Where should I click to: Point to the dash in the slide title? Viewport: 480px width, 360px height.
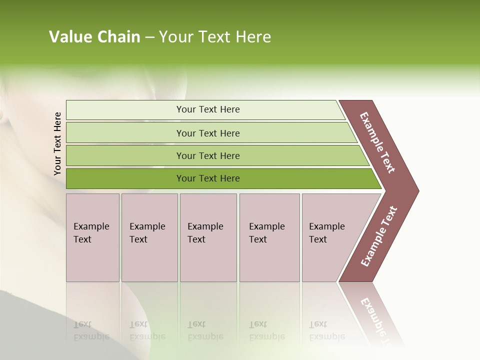(149, 37)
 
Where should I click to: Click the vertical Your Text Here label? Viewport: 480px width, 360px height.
(57, 143)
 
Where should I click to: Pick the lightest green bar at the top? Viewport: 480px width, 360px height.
(207, 109)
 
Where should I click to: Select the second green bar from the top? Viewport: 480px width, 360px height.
(207, 133)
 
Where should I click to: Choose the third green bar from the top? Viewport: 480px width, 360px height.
(207, 155)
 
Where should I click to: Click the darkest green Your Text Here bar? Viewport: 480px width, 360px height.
(207, 178)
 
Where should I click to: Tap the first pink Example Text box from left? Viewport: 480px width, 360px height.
(92, 237)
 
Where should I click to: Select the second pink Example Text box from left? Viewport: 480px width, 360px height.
(149, 237)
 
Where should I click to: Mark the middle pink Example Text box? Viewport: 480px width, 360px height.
(208, 237)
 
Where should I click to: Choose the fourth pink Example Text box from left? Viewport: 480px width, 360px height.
(269, 237)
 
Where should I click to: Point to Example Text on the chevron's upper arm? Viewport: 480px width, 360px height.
(378, 142)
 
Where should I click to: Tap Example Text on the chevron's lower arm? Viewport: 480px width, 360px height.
(379, 236)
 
